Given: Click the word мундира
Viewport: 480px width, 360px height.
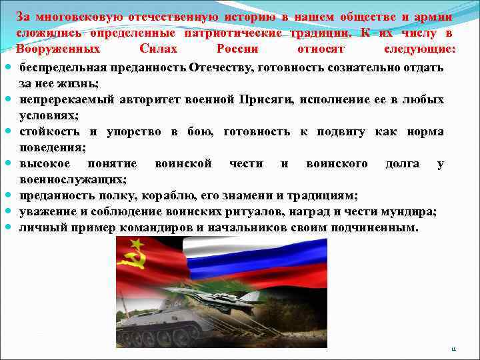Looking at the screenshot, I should coord(407,212).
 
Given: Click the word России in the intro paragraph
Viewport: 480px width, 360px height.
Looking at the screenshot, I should coord(237,50).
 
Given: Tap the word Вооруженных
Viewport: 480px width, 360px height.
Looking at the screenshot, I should coord(59,50).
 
